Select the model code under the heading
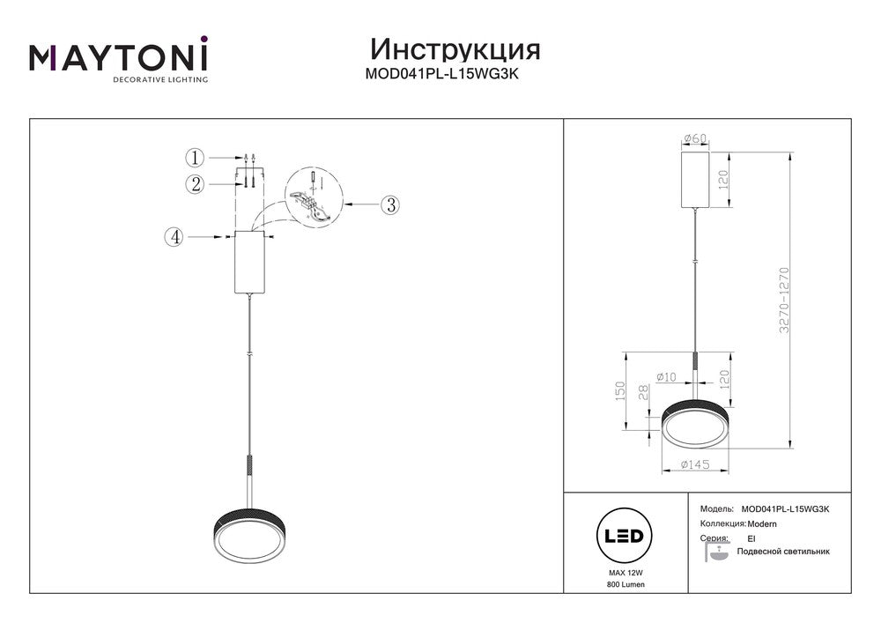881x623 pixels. (446, 75)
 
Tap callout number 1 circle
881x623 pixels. (195, 158)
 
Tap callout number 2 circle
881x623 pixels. (195, 183)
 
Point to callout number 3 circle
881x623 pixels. (390, 204)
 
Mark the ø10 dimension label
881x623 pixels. (666, 377)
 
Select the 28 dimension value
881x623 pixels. (644, 392)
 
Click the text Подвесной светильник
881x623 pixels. (783, 551)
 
